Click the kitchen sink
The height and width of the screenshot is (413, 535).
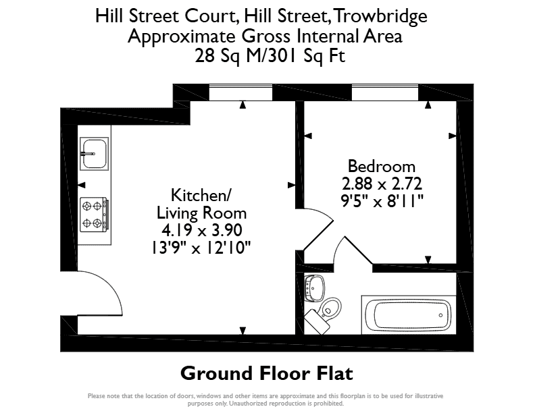click(94, 154)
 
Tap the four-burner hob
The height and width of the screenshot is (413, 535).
click(95, 215)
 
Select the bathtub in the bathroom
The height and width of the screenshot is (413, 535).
click(409, 315)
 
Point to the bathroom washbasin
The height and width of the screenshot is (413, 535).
click(314, 288)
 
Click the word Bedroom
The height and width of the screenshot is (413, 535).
click(382, 166)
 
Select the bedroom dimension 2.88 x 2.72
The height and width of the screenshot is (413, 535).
click(382, 184)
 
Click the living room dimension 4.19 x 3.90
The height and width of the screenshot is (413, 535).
click(202, 230)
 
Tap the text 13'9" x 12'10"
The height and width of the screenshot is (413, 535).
click(201, 248)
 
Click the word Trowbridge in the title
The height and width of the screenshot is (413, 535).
click(380, 16)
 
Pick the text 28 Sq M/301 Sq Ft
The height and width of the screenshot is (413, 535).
click(270, 55)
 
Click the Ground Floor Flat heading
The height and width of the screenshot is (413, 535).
click(266, 373)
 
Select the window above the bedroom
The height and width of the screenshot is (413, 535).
click(385, 92)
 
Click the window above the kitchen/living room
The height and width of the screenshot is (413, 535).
click(240, 92)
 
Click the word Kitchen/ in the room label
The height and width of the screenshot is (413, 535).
click(201, 195)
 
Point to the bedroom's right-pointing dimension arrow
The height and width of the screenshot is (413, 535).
click(453, 136)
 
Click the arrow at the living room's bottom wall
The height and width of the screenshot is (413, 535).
click(243, 331)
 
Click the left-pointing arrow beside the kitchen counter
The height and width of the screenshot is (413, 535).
click(82, 185)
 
